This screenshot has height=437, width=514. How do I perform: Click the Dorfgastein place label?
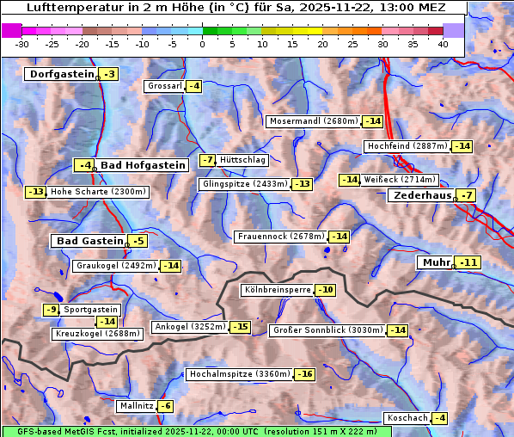(61, 74)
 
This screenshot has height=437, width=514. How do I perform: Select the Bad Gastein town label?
(90, 241)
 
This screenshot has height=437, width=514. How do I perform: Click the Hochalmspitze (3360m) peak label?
(240, 374)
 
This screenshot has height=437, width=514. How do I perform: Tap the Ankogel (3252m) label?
(189, 327)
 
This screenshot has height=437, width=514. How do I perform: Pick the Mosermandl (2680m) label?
(314, 121)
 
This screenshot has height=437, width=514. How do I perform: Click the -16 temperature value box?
(305, 374)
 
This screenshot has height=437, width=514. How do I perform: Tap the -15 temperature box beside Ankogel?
(240, 327)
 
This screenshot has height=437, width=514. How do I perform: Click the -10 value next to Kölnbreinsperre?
(325, 290)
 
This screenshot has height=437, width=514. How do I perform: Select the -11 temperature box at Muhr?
(469, 262)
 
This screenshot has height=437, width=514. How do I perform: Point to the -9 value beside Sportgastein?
(52, 309)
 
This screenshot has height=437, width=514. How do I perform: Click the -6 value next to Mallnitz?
(165, 405)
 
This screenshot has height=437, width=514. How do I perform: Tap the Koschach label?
(407, 418)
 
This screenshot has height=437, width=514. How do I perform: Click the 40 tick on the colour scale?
(443, 43)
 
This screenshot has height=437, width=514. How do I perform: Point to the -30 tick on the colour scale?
(22, 43)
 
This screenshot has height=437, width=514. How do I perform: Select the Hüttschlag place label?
(243, 160)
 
